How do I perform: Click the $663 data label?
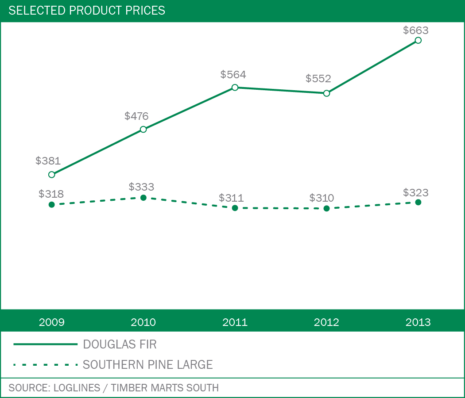pos(415,31)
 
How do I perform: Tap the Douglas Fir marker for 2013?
pos(418,41)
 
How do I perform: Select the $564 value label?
pos(233,75)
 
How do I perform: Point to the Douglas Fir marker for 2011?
pos(235,88)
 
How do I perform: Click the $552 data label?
pos(318,79)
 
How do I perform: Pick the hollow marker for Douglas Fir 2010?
pos(143,130)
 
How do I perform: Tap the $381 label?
pos(48,161)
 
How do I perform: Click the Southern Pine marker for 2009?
pos(52,204)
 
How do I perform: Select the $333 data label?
pos(141,187)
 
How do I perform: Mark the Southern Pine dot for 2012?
pos(327,208)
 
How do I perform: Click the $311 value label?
pos(231,198)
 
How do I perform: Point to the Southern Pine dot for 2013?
pos(418,202)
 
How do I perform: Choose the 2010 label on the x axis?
pos(143,322)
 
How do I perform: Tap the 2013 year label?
pos(418,322)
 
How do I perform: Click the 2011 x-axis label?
pos(235,322)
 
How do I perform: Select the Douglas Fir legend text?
pos(120,344)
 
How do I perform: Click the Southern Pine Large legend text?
pos(148,365)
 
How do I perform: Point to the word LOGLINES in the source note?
pos(77,388)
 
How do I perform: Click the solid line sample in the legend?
pos(45,344)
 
